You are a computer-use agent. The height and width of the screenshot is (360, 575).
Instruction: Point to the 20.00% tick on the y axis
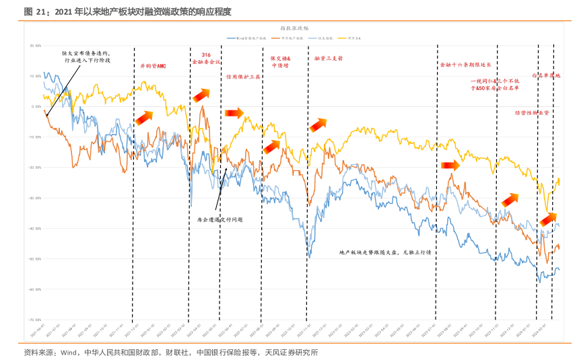click(36, 46)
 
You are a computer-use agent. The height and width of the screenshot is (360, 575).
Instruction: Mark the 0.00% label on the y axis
click(36, 106)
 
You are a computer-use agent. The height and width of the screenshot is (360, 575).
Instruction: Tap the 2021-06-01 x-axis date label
click(38, 329)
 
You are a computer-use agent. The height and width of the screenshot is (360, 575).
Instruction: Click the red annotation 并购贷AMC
click(153, 66)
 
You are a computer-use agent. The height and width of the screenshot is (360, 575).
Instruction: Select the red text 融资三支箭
click(329, 59)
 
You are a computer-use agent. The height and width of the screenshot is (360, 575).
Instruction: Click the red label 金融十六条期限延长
click(465, 65)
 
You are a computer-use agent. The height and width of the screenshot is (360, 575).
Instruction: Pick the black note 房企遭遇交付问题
click(219, 219)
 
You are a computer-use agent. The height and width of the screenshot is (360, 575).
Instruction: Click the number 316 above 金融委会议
click(206, 53)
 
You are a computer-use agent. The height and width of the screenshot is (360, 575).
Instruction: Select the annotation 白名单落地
click(546, 76)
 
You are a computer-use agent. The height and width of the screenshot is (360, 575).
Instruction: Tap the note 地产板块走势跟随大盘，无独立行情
click(385, 252)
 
